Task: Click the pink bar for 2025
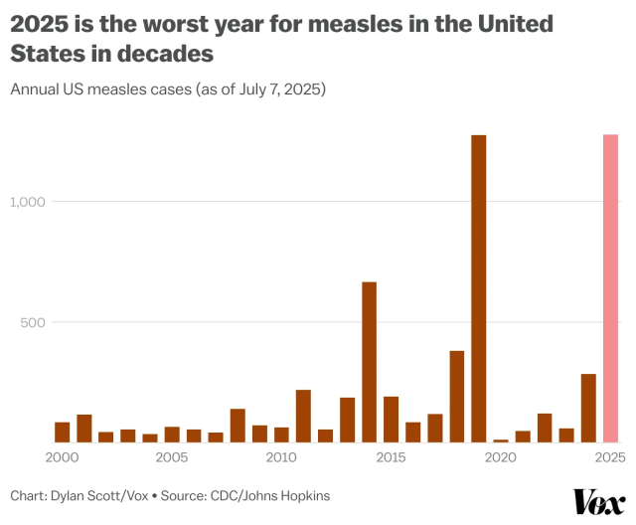pos(610,288)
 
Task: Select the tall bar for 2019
pos(479,288)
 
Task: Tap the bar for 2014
pos(369,362)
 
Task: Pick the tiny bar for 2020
pos(501,440)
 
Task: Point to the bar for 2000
pos(63,433)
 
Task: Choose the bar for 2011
pos(303,416)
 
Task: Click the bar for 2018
pos(457,397)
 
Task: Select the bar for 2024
pos(588,408)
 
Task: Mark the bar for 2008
pos(238,426)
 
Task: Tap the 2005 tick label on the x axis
pos(172,457)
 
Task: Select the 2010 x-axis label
pos(281,457)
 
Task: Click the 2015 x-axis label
pos(392,457)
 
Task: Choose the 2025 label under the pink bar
pos(610,457)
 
